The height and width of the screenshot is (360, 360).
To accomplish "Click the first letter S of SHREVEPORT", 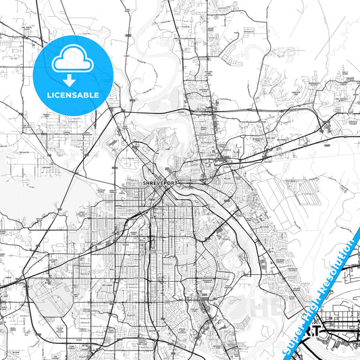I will point(144,182).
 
